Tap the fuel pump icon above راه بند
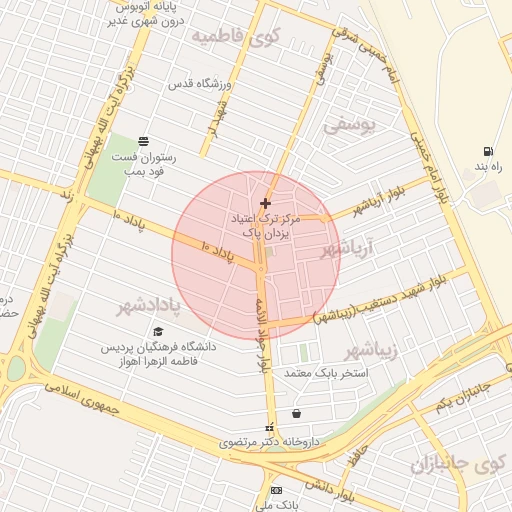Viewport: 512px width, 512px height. click(487, 152)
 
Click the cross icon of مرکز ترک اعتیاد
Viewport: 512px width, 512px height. click(264, 203)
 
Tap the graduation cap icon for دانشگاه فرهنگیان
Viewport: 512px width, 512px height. click(157, 331)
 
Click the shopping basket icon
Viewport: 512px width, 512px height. click(296, 413)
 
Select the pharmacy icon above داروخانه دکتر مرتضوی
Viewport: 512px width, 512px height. click(267, 428)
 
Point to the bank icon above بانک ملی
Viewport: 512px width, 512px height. click(277, 490)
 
